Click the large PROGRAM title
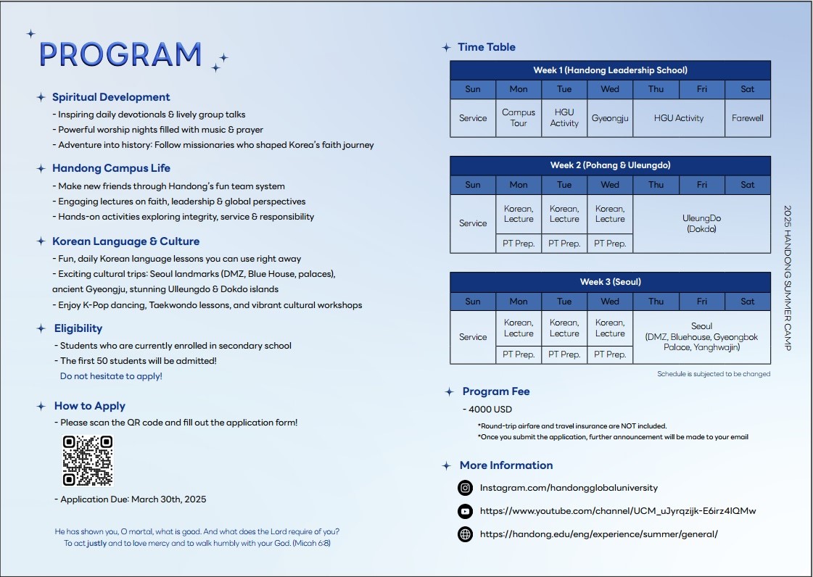120,54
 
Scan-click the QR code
88,460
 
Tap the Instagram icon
466,488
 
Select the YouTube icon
466,511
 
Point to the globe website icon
466,534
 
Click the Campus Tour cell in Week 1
519,118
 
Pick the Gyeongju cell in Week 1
610,118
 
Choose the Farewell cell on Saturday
748,118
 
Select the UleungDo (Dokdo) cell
701,223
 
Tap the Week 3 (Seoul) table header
610,282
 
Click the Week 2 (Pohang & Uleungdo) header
610,165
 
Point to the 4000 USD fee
490,410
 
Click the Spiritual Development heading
111,97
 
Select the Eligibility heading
78,328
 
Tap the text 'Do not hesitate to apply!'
111,376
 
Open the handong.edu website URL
598,534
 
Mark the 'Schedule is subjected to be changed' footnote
714,374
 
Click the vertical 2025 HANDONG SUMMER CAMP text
788,278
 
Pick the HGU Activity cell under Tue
564,118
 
